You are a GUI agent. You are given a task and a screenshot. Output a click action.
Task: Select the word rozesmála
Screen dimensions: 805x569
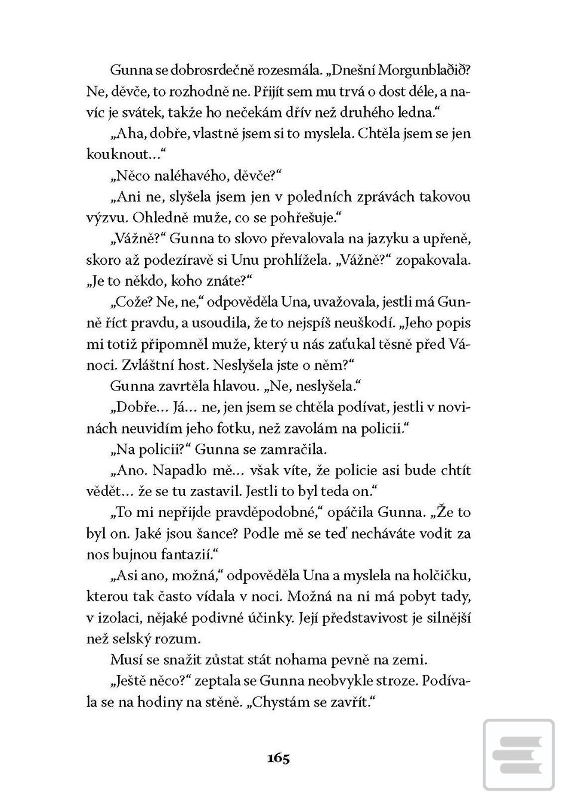point(290,70)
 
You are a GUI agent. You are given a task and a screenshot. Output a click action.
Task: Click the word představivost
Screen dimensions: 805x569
point(350,618)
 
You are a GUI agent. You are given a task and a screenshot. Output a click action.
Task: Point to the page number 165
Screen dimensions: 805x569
point(279,758)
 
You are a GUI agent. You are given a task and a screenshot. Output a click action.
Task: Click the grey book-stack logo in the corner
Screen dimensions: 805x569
point(518,755)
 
